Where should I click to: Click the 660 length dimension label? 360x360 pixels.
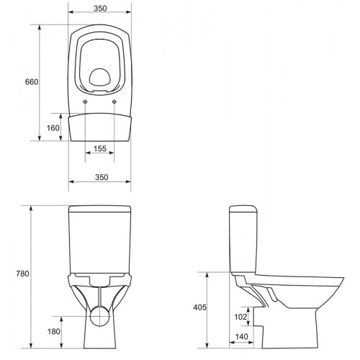point(32,82)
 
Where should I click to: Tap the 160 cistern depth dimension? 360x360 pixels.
point(53,128)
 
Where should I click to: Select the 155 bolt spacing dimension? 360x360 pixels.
point(100,149)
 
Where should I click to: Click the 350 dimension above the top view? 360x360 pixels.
point(100,9)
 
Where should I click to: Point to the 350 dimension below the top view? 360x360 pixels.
point(102,177)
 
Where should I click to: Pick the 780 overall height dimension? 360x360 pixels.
point(22,274)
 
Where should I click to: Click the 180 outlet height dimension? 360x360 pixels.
point(54,331)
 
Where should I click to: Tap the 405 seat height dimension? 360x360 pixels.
point(199,307)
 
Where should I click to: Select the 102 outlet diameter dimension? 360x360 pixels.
point(240,317)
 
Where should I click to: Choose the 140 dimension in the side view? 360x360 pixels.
point(241,337)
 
